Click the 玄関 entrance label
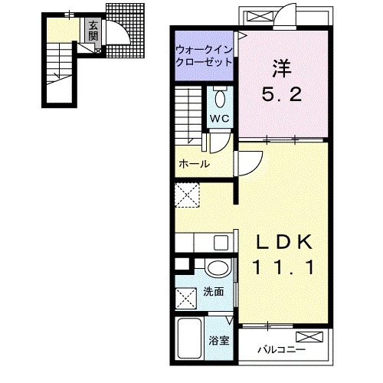[x=93, y=31]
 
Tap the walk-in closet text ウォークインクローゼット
[x=204, y=56]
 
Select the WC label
[x=220, y=119]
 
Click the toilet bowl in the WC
[x=220, y=99]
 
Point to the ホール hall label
[x=194, y=164]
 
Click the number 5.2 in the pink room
[x=282, y=95]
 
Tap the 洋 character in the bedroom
[x=282, y=68]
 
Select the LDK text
[x=283, y=241]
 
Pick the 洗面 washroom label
[x=214, y=292]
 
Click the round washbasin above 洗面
[x=219, y=268]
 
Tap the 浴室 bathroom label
[x=219, y=341]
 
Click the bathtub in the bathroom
[x=189, y=338]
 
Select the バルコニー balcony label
[x=281, y=349]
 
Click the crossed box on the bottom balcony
[x=309, y=337]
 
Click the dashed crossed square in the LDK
[x=187, y=195]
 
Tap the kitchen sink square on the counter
[x=221, y=243]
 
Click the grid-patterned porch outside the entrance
[x=125, y=31]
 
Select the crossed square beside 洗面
[x=186, y=298]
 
